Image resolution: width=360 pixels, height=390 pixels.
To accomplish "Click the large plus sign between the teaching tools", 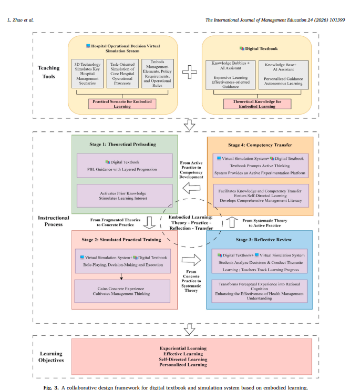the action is [x=189, y=72].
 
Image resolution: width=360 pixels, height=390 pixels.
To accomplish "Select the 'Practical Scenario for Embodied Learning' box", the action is [x=122, y=104].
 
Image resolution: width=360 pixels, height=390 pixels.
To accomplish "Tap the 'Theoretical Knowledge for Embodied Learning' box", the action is [x=257, y=104].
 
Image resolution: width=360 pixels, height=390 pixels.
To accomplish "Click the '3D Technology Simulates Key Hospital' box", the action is [x=88, y=74].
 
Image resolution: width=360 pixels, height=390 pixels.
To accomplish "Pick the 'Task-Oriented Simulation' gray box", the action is [x=122, y=74].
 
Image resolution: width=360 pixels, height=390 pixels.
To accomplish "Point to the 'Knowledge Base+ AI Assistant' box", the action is [x=283, y=75].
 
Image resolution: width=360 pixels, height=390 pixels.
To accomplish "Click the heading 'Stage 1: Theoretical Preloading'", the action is [x=122, y=144].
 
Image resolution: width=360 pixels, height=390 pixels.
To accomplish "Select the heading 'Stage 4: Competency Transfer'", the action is [x=260, y=145].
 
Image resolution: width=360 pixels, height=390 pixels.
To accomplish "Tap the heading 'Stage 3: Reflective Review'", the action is [x=263, y=240].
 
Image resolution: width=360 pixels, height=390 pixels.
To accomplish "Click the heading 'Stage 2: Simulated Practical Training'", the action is [x=121, y=240].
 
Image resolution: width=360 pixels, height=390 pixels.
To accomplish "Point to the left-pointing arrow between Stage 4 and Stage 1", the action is [x=191, y=188].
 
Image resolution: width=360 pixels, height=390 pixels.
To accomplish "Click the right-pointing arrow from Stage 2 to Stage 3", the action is [x=191, y=260].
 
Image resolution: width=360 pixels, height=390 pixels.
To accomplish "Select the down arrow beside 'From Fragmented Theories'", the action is [x=149, y=223].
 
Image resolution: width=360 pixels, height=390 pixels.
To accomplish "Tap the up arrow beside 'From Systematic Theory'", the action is [x=232, y=222].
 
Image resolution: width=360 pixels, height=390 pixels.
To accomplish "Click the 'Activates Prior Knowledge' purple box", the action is [x=125, y=196].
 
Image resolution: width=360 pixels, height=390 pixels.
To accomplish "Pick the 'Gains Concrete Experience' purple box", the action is [x=122, y=291].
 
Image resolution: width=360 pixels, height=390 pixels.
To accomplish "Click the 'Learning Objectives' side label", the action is [x=51, y=357].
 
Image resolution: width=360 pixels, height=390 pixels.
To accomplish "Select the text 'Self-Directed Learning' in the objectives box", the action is [x=183, y=360].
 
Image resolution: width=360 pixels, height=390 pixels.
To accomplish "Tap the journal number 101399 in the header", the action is [x=337, y=20].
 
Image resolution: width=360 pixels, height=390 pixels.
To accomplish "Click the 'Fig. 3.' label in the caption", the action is [x=51, y=387].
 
